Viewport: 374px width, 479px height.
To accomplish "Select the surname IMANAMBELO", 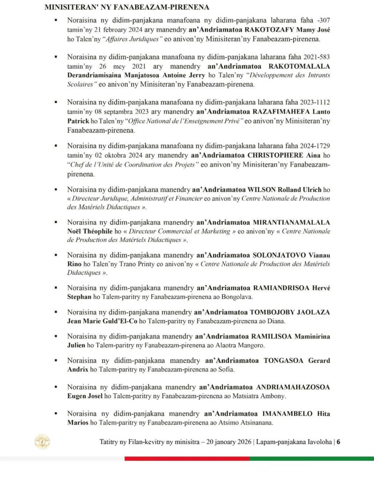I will click(x=291, y=414).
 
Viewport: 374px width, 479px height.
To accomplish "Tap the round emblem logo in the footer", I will click(x=42, y=442).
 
